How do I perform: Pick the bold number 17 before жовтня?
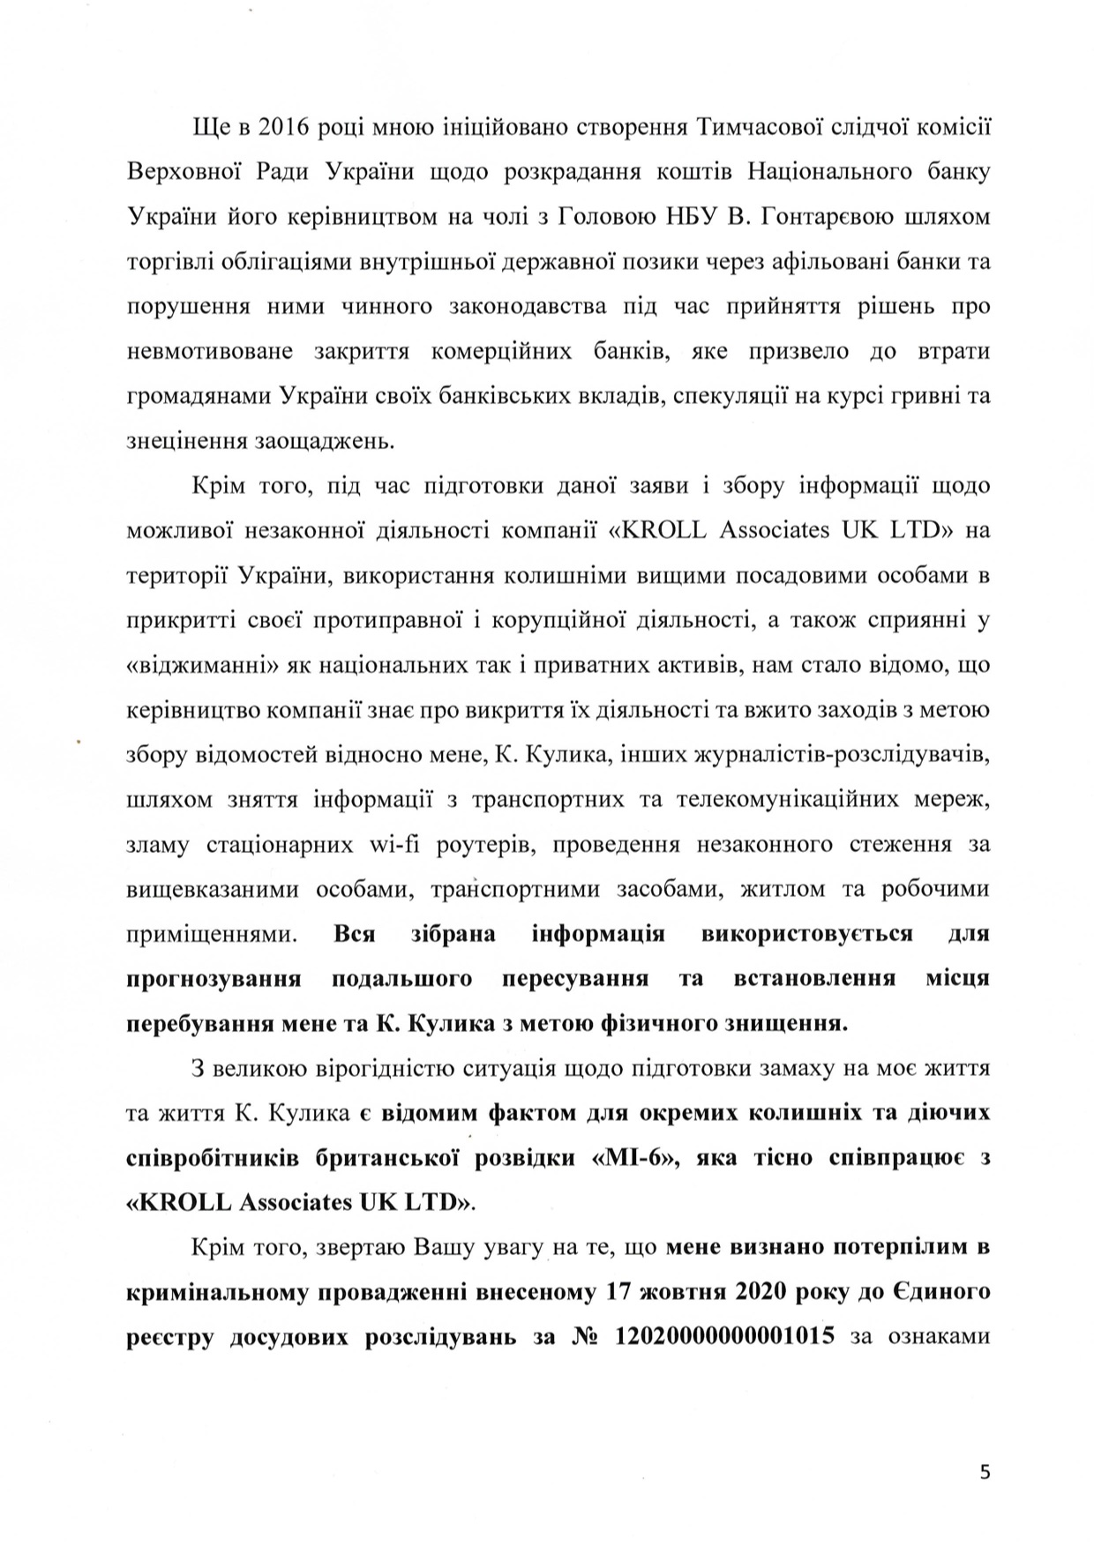(621, 1292)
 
